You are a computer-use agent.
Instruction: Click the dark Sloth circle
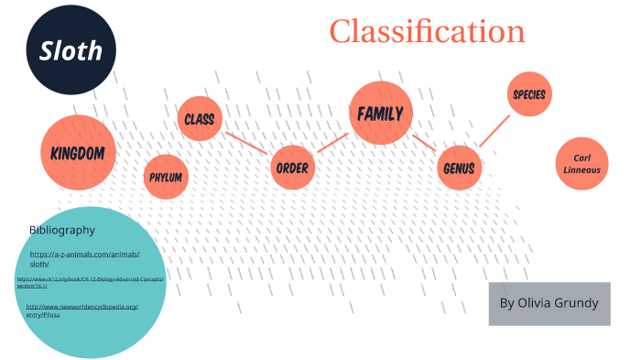coord(71,52)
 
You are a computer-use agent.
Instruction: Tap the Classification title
coord(427,31)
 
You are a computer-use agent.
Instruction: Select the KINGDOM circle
coord(78,152)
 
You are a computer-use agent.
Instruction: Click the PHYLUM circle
coord(167,177)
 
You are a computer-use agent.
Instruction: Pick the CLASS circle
coord(199,119)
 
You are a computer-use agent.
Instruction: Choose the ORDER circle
coord(293,169)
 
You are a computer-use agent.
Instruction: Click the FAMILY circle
coord(381,114)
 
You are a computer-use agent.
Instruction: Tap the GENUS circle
coord(458,169)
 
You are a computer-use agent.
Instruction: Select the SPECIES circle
coord(529,94)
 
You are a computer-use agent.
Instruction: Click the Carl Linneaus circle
coord(582,164)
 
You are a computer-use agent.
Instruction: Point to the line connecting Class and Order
coord(245,143)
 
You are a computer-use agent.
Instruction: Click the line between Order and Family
coord(333,142)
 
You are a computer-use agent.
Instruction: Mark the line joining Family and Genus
coord(423,142)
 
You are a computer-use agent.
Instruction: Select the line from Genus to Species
coord(494,130)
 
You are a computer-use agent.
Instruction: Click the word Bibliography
coord(61,229)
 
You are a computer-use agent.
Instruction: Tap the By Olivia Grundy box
coord(549,303)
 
